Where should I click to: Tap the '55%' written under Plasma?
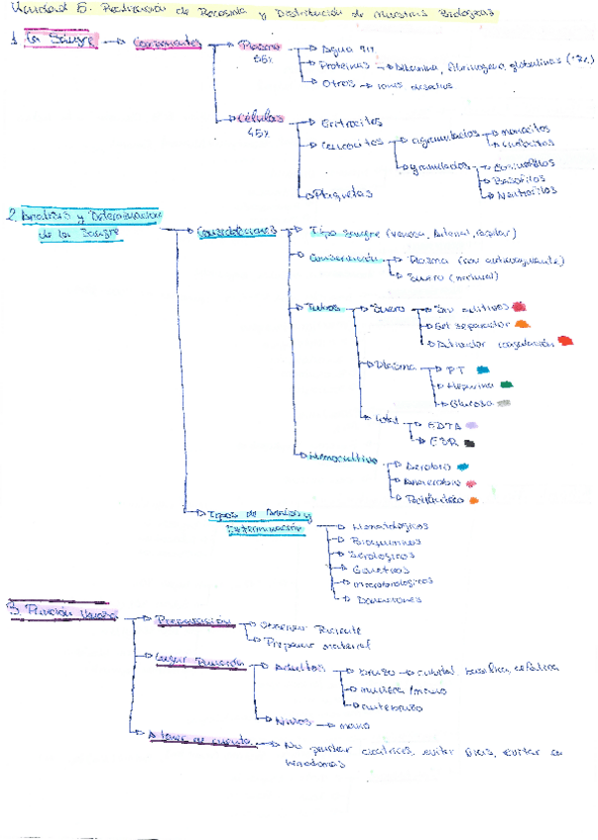[262, 60]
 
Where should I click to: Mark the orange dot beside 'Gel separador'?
[523, 324]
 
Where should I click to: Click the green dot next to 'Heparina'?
[507, 383]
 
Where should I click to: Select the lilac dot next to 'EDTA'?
[484, 423]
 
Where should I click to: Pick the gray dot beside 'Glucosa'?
[504, 403]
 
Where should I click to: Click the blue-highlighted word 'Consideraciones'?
[235, 232]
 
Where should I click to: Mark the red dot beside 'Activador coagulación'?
[565, 342]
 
